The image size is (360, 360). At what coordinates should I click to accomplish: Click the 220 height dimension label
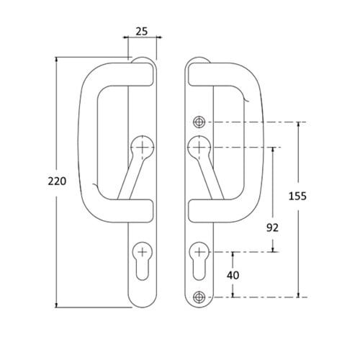click(57, 181)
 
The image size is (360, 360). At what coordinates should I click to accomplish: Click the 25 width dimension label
click(142, 32)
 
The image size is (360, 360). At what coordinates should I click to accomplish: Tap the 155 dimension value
click(297, 196)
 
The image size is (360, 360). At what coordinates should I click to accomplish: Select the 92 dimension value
click(272, 228)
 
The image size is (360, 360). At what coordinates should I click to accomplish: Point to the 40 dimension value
click(233, 275)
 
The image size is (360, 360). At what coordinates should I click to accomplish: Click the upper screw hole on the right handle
click(199, 122)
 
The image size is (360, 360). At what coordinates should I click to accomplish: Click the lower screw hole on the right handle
click(199, 297)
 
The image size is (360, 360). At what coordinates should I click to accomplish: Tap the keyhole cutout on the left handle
click(143, 261)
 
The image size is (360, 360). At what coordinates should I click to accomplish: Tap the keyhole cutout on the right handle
click(199, 261)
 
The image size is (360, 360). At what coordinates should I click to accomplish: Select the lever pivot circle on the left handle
click(143, 147)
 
